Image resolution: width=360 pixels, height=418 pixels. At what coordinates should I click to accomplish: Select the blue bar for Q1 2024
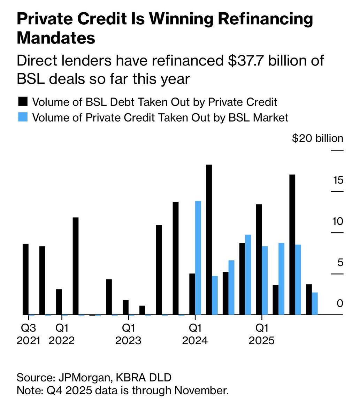coord(198,258)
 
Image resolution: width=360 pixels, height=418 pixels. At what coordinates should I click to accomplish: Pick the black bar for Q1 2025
coord(259,260)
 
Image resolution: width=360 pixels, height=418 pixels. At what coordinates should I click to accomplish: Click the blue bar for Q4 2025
coord(315,304)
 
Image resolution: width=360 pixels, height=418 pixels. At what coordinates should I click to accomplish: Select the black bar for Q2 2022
coord(76,266)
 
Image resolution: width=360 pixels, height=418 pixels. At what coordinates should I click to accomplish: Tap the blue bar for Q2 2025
coord(281,279)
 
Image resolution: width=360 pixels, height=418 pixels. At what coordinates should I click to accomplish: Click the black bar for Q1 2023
coord(125,307)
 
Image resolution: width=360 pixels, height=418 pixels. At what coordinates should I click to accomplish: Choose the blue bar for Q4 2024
coord(248,275)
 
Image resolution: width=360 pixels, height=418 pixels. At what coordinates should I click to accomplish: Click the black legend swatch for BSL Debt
coord(22,102)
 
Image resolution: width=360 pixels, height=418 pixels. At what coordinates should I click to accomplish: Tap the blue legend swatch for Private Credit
coord(22,117)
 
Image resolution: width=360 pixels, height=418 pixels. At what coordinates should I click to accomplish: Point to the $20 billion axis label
coord(317,139)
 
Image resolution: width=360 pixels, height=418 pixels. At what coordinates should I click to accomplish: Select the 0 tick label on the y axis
coord(340,303)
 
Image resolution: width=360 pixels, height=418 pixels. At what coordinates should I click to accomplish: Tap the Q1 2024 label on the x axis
coord(195,334)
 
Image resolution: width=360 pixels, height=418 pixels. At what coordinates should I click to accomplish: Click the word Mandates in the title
coord(56,38)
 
